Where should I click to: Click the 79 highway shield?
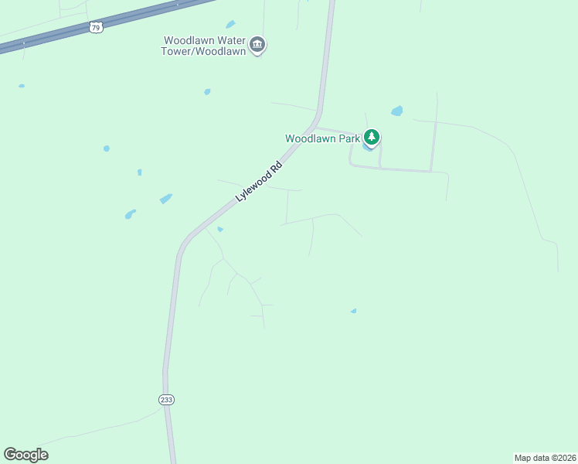(95, 27)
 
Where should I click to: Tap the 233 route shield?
(167, 399)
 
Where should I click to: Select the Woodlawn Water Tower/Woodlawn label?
(205, 46)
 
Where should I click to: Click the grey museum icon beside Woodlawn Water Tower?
(258, 46)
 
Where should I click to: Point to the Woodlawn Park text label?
(322, 138)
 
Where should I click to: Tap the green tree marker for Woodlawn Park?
(372, 138)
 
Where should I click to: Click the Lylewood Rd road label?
(259, 182)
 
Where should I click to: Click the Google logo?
(25, 455)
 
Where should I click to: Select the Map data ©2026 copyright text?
(545, 458)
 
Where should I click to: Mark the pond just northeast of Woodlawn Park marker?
(397, 111)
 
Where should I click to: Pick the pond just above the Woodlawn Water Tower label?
(230, 24)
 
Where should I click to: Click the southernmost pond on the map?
(354, 311)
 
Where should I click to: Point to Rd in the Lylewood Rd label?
(274, 167)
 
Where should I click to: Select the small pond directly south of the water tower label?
(207, 91)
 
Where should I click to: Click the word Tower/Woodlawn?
(205, 52)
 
